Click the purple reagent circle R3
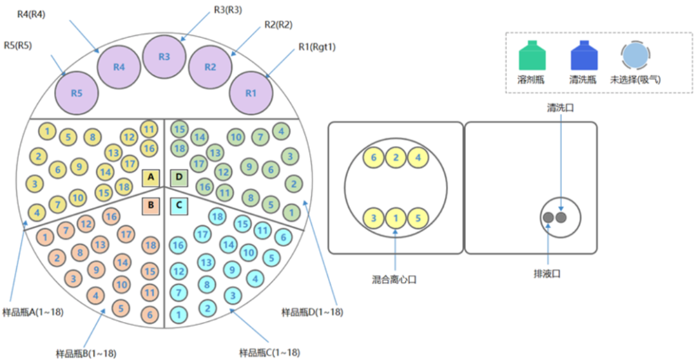pos(164,57)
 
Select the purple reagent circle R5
pos(77,93)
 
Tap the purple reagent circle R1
pos(251,93)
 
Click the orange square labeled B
pos(151,205)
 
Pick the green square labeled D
pos(179,177)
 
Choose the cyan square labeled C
pos(179,205)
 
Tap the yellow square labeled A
pos(151,177)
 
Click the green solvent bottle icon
pos(532,56)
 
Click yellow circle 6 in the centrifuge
pos(374,156)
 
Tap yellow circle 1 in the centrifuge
pos(396,218)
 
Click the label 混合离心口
pos(396,279)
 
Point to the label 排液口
pos(548,274)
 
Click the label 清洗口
pos(561,109)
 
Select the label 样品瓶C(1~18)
pos(269,352)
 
